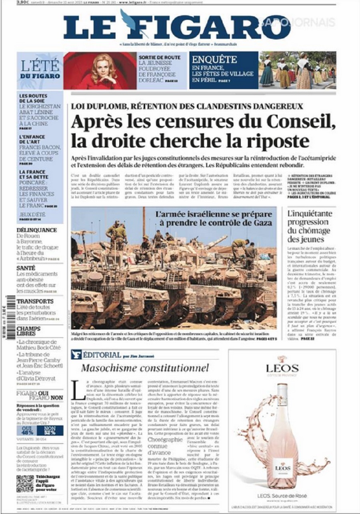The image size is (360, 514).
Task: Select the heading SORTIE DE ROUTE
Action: pos(160,58)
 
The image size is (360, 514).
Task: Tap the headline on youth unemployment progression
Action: pos(310,226)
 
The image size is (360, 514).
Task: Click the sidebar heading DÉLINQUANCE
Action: pos(37,230)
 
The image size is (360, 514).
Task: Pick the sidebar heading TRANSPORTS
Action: pos(35,301)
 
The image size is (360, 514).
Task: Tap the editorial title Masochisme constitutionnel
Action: pos(145,368)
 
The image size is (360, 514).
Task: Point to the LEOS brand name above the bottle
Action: pos(282,368)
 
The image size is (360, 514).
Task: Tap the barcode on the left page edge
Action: pos(9,312)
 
